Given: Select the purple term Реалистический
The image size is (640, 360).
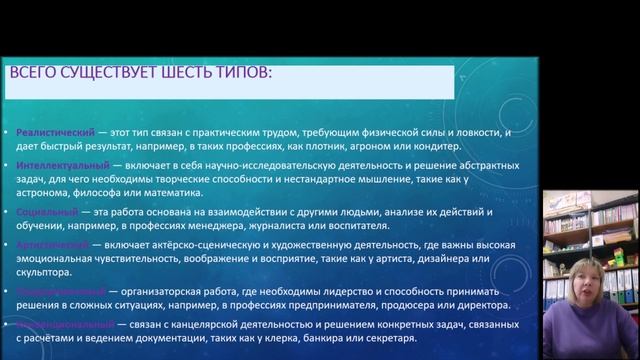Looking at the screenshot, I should pos(49,132).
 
